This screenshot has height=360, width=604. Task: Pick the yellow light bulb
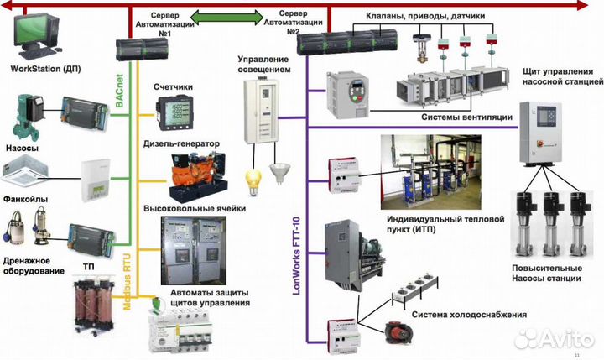249,178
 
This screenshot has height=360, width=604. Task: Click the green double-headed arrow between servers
228,15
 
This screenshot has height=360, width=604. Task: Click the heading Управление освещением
264,65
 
